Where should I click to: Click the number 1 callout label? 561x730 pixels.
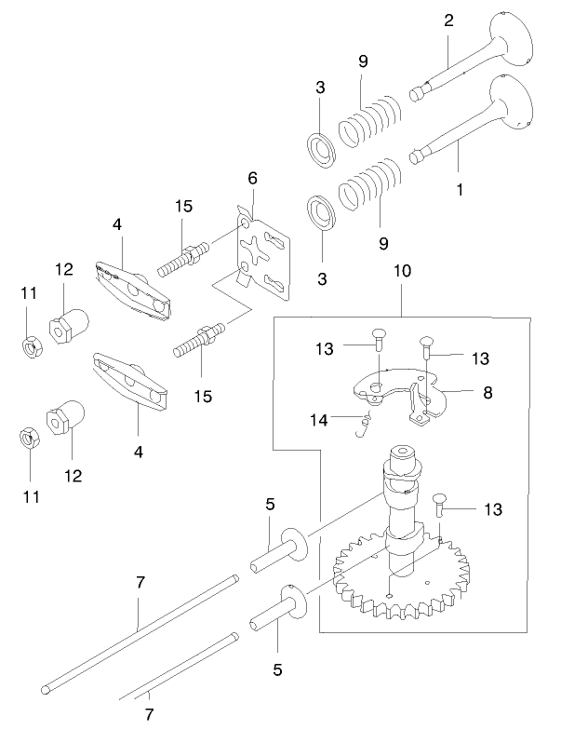[x=459, y=188]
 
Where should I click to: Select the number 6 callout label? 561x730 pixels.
[x=252, y=178]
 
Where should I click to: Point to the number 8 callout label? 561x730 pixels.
[x=488, y=393]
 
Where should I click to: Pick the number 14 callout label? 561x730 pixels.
[x=319, y=419]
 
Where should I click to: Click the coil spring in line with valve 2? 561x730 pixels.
[x=371, y=116]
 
